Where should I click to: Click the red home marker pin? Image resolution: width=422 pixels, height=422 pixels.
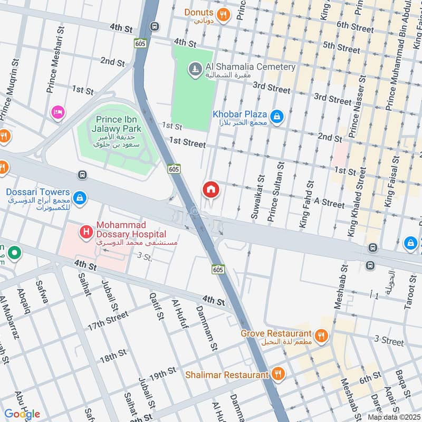[210, 189]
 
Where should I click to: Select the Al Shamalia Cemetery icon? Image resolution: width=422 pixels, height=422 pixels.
[195, 69]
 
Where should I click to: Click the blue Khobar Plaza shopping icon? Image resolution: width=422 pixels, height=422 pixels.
[276, 116]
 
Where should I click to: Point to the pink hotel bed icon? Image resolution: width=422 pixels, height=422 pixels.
[57, 112]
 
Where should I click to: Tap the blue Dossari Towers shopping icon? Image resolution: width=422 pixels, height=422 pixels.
[79, 197]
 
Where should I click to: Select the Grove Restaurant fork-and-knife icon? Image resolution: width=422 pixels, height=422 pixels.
[321, 335]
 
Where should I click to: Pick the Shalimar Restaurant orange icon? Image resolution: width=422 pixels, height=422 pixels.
[279, 375]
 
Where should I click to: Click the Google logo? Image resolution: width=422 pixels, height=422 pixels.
[22, 414]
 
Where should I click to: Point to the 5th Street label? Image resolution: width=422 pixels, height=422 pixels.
[342, 46]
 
